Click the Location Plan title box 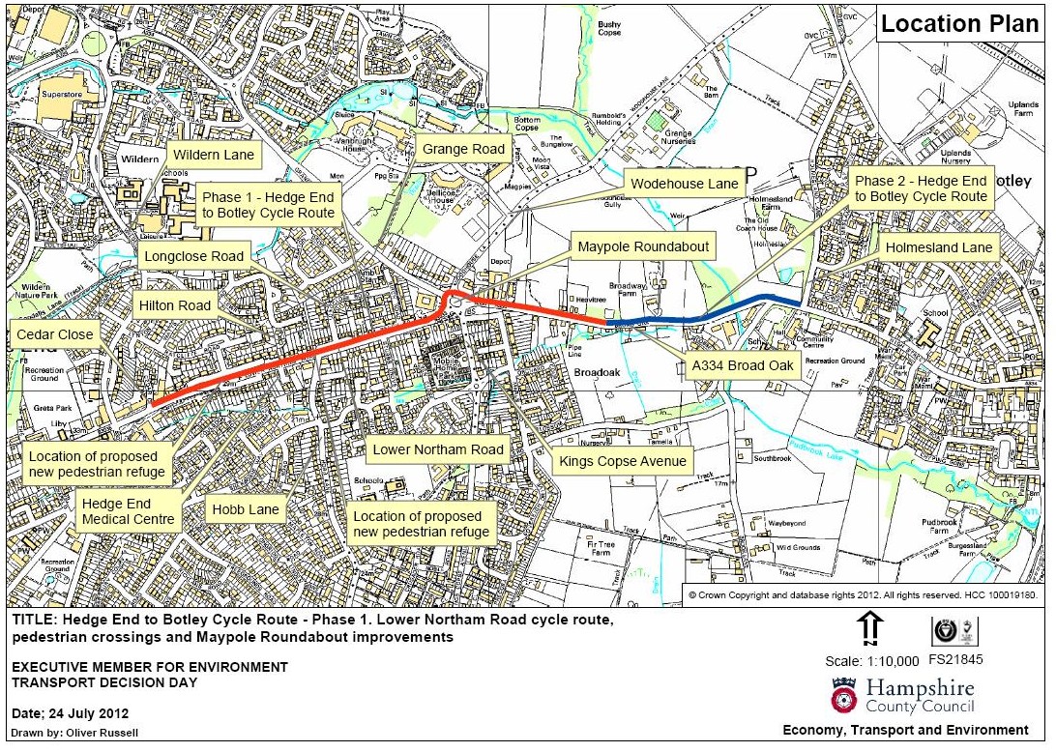[x=960, y=23]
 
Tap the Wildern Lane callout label [x=213, y=155]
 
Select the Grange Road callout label [x=463, y=149]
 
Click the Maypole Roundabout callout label [x=643, y=247]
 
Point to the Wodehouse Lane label [x=685, y=184]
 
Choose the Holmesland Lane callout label [x=939, y=248]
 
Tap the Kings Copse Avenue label [x=623, y=461]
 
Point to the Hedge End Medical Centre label [x=129, y=511]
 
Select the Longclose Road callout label [x=193, y=257]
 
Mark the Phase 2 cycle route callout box [x=921, y=188]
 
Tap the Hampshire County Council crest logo [x=843, y=695]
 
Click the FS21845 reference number [x=954, y=661]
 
